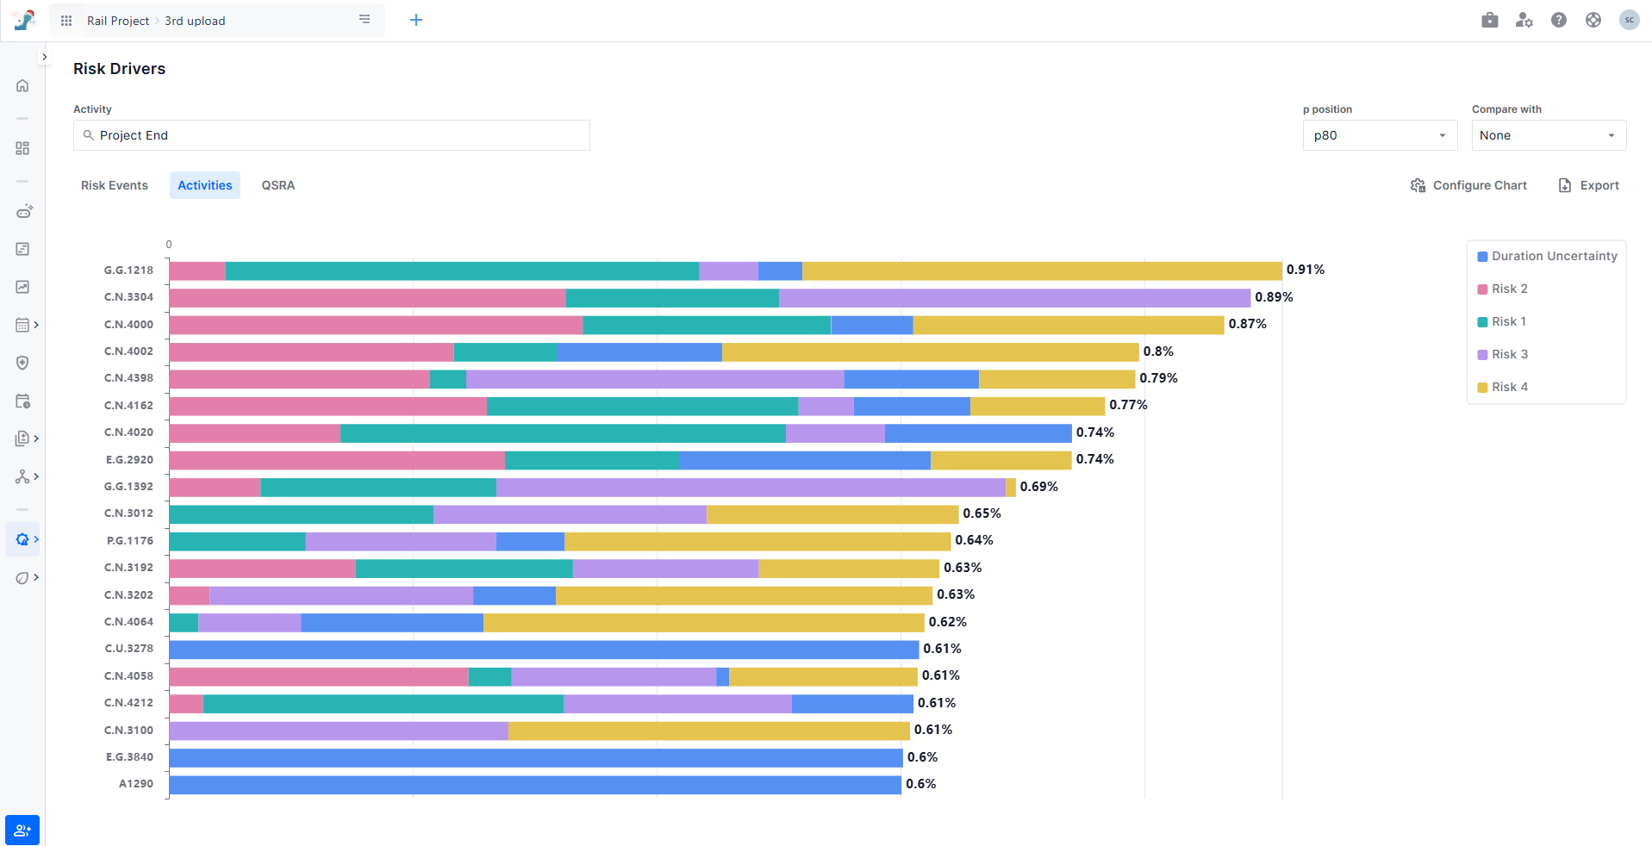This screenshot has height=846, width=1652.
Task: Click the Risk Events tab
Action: pos(115,185)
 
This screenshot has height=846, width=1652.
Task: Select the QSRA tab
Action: pos(278,185)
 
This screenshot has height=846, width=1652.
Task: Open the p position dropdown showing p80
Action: pos(1379,135)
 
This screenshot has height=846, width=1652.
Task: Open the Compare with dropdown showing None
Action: pos(1548,135)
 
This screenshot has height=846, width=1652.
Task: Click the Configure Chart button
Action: pos(1468,185)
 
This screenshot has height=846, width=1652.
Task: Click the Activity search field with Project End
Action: pos(332,135)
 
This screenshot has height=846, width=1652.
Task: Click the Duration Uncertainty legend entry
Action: pos(1547,256)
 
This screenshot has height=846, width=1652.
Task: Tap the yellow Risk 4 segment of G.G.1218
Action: pos(1041,271)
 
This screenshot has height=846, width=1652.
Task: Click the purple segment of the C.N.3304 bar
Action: pos(1014,298)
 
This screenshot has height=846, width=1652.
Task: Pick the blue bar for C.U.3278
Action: pos(544,649)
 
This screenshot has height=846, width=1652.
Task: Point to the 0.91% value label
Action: pos(1305,270)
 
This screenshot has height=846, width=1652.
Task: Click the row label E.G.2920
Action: pos(129,459)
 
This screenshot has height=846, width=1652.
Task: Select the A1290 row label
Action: pos(136,784)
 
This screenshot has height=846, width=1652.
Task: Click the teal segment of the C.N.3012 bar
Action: pos(301,514)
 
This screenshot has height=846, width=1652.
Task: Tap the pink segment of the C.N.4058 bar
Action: pos(318,676)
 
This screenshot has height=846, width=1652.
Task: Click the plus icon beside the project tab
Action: pos(416,20)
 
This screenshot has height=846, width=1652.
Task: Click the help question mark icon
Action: pos(1558,20)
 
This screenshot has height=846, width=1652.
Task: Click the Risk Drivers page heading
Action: pos(119,69)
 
